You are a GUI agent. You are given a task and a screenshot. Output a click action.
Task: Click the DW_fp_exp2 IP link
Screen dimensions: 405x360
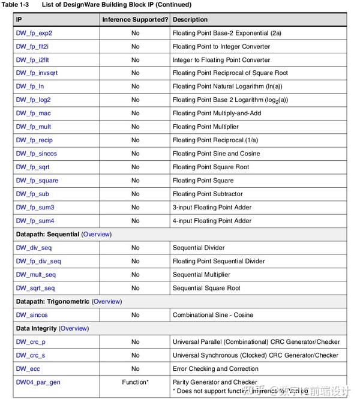pos(34,33)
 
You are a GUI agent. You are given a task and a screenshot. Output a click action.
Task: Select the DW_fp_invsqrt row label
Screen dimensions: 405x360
pos(37,73)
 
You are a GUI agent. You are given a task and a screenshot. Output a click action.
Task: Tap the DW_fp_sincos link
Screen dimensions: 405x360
pos(36,154)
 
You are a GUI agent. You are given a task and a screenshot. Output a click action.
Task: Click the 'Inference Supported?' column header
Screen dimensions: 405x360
pos(135,20)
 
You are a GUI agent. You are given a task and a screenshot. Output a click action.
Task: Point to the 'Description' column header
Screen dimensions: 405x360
pos(190,20)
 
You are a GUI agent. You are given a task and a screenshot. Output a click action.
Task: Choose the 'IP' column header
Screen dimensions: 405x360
pos(19,20)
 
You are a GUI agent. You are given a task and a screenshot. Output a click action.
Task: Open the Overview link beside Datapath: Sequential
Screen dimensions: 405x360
pos(96,234)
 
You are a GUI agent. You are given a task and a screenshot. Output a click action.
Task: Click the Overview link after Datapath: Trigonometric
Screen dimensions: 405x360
pos(106,301)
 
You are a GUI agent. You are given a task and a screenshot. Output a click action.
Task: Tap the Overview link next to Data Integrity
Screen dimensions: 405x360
pos(74,328)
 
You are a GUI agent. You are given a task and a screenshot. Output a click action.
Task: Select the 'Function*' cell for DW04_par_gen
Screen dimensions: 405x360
pos(135,382)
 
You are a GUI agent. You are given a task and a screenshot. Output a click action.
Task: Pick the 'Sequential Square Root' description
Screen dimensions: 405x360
pos(206,288)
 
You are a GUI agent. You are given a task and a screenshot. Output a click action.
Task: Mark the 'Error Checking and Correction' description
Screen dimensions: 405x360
pos(215,368)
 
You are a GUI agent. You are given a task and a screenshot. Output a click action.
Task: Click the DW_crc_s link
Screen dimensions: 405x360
pos(31,355)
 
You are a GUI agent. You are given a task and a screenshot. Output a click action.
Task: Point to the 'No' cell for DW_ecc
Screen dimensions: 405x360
pos(135,368)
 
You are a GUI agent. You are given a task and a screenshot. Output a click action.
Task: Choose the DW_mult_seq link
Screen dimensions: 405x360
pos(35,275)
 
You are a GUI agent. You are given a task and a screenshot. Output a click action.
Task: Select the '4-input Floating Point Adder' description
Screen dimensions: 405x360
pos(212,221)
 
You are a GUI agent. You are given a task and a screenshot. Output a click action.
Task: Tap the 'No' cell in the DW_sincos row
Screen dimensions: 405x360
pos(135,315)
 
